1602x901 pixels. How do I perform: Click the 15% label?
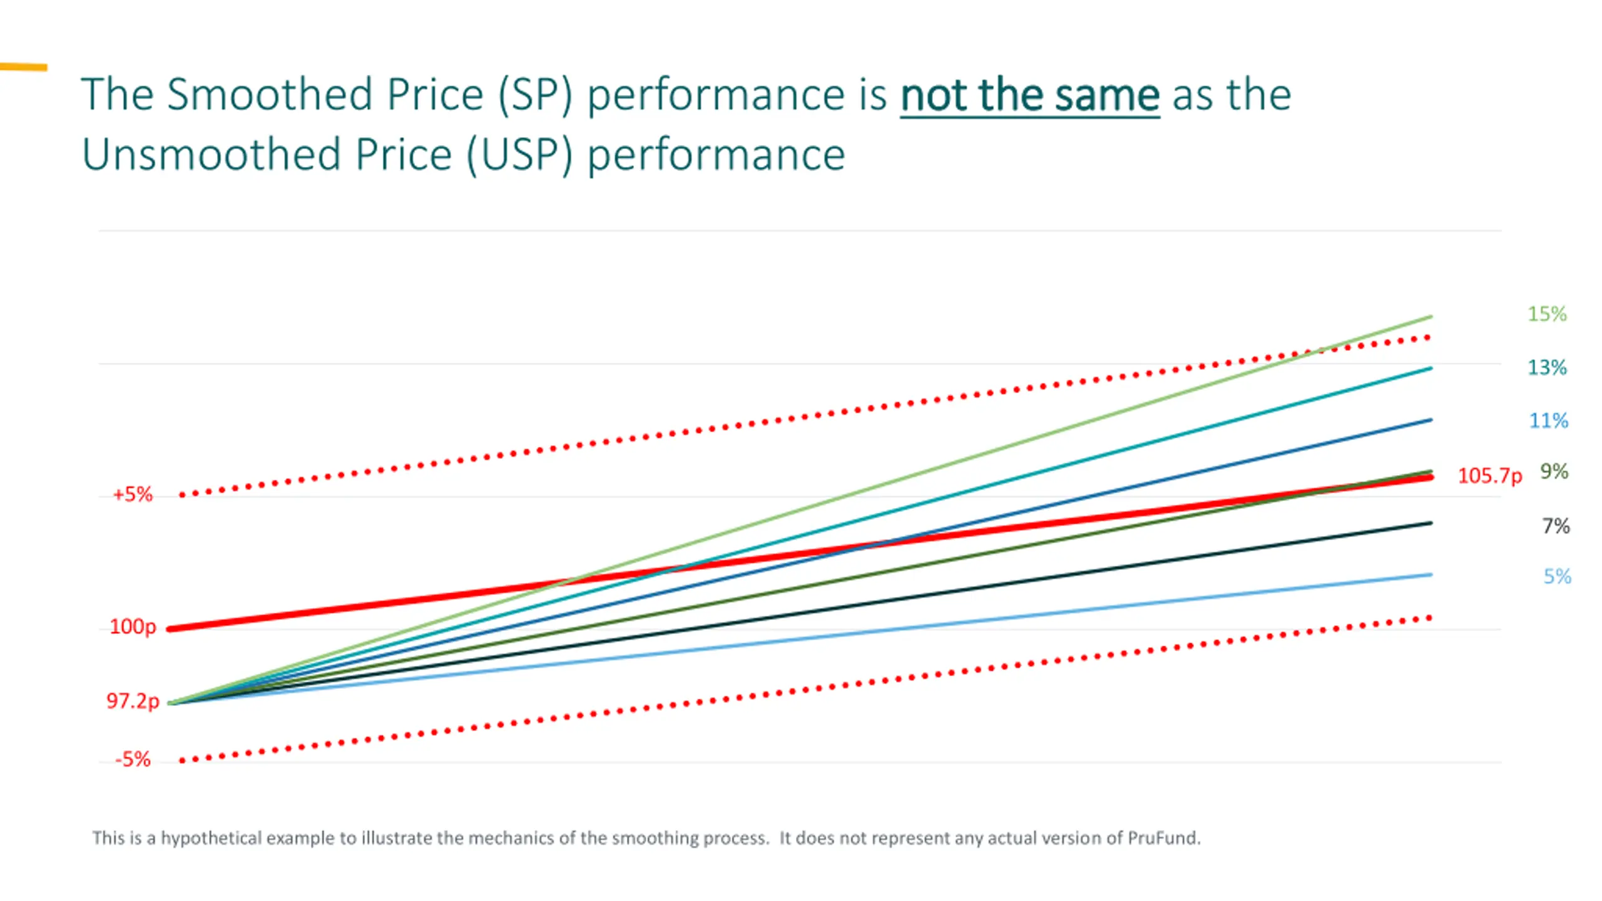1547,313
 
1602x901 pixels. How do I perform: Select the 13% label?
1547,367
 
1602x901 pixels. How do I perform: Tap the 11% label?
1548,420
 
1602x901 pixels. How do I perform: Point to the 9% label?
1554,471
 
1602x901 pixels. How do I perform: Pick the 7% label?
1556,526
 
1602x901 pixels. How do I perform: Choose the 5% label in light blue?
1557,576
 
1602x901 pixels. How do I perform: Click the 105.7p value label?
1489,476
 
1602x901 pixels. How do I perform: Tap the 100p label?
133,626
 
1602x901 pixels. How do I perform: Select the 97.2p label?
133,701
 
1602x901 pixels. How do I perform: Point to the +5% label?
133,494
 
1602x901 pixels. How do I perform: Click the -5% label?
133,760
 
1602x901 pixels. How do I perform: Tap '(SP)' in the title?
535,95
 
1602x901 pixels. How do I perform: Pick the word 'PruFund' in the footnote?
1163,838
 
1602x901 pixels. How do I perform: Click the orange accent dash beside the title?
24,67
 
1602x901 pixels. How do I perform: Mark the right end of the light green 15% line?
1431,317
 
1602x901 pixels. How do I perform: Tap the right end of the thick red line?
1431,478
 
